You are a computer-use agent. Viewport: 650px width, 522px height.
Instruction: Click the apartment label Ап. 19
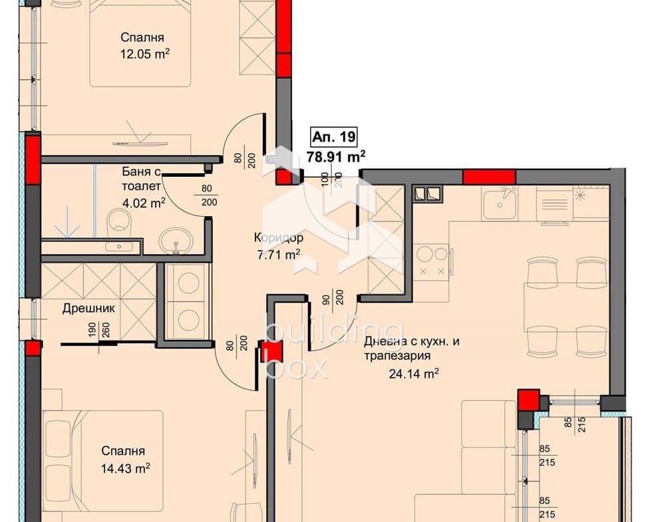point(334,137)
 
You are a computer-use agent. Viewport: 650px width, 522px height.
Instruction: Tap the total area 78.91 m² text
point(336,157)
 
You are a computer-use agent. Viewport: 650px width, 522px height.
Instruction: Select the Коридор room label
point(279,238)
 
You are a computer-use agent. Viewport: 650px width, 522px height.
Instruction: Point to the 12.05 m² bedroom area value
point(145,54)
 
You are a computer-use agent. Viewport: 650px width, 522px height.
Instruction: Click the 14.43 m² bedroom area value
point(125,469)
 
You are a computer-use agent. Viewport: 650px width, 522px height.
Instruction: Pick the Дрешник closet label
point(88,309)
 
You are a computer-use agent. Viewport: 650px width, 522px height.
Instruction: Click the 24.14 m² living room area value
point(414,374)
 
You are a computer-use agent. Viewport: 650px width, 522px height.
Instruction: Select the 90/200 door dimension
point(334,297)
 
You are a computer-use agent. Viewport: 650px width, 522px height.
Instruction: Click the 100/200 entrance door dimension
point(331,180)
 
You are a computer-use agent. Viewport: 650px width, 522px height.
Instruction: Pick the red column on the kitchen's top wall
point(489,177)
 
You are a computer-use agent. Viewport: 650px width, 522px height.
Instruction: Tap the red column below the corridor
point(271,350)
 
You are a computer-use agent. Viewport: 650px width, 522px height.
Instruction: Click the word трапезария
point(398,356)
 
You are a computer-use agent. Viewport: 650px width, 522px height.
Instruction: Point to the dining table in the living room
point(566,307)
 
